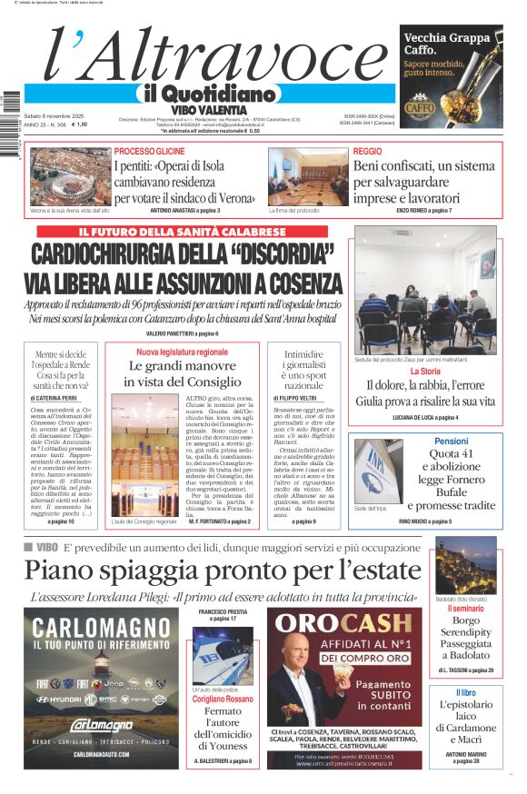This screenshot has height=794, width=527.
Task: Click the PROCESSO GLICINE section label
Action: coord(150,151)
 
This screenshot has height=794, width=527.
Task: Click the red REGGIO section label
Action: coord(367,151)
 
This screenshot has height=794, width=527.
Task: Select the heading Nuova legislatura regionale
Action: coord(183,352)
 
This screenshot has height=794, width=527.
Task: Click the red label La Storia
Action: coord(425,371)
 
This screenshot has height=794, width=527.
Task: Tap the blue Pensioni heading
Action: coord(451,441)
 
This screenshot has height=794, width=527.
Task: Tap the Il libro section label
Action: coord(465,693)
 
